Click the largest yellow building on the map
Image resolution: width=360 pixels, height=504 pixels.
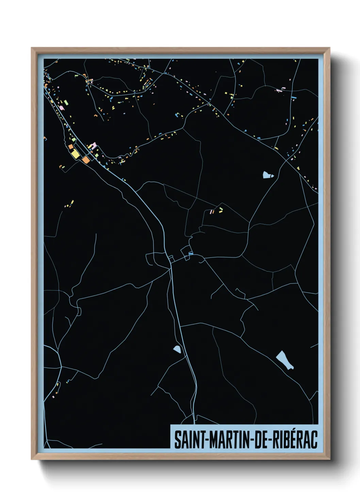point(76,154)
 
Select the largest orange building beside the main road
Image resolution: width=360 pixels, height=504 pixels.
point(85,159)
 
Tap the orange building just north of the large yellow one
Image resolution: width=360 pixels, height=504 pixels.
point(71,146)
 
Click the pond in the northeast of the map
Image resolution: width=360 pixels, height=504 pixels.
point(267,175)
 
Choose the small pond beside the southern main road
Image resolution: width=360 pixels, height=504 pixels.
point(177,349)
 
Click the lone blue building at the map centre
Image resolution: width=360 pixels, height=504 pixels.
point(191,253)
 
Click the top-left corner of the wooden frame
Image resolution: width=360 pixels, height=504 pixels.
point(32,48)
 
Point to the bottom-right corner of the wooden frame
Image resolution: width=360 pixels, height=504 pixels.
point(329,459)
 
